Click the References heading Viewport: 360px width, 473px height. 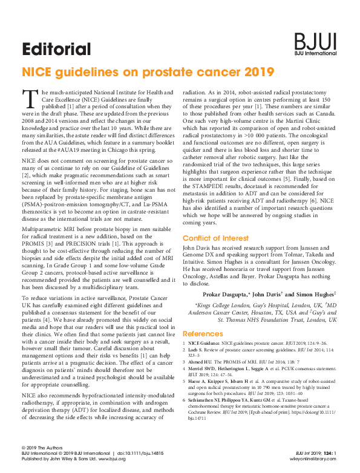click(x=203, y=333)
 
